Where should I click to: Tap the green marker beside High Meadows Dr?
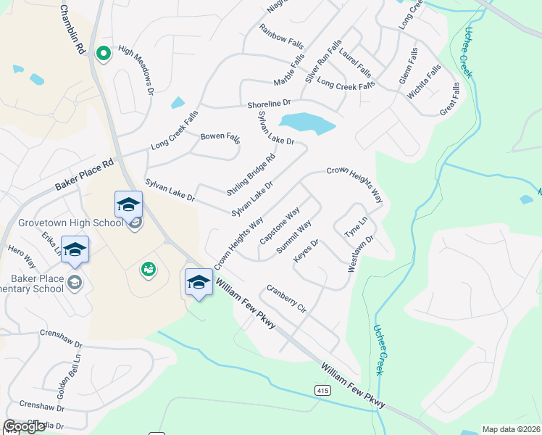(x=104, y=53)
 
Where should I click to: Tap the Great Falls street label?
(x=450, y=99)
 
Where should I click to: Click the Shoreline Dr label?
(x=269, y=104)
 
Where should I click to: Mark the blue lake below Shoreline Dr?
(x=308, y=123)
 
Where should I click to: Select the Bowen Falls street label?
(x=220, y=136)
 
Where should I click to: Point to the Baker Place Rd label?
(x=85, y=175)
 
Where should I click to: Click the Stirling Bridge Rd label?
(x=251, y=175)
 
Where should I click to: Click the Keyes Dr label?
(x=306, y=252)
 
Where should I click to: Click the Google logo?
(x=24, y=426)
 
